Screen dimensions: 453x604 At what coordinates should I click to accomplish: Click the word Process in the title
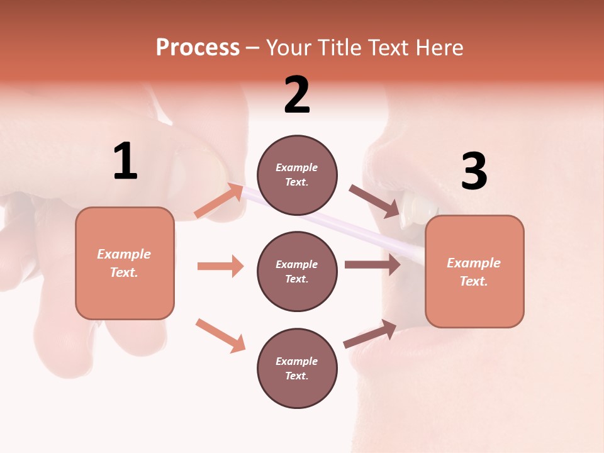pyautogui.click(x=198, y=47)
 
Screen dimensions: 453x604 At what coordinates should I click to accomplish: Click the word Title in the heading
pyautogui.click(x=338, y=47)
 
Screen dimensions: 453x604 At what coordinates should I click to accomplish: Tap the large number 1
pyautogui.click(x=125, y=162)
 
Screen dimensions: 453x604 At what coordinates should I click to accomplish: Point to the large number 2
pyautogui.click(x=297, y=96)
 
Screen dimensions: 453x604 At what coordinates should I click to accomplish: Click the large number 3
pyautogui.click(x=474, y=172)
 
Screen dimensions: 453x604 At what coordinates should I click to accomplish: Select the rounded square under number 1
pyautogui.click(x=125, y=263)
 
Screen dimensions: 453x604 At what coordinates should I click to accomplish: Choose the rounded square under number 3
pyautogui.click(x=474, y=272)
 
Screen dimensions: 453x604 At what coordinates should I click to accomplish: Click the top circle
pyautogui.click(x=297, y=175)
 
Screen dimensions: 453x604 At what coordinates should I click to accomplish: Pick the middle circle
pyautogui.click(x=297, y=272)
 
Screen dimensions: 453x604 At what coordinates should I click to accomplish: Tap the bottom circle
pyautogui.click(x=297, y=369)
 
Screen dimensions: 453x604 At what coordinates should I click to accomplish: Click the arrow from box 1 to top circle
pyautogui.click(x=219, y=201)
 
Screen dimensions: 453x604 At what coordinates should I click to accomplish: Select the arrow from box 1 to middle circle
pyautogui.click(x=220, y=266)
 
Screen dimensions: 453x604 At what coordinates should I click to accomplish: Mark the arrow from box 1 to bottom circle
pyautogui.click(x=220, y=335)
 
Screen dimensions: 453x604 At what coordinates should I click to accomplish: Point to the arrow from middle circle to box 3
pyautogui.click(x=372, y=265)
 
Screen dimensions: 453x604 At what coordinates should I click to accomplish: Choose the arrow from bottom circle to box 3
pyautogui.click(x=370, y=333)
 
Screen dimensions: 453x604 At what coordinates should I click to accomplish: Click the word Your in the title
pyautogui.click(x=288, y=47)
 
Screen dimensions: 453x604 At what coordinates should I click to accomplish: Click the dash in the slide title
pyautogui.click(x=253, y=48)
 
